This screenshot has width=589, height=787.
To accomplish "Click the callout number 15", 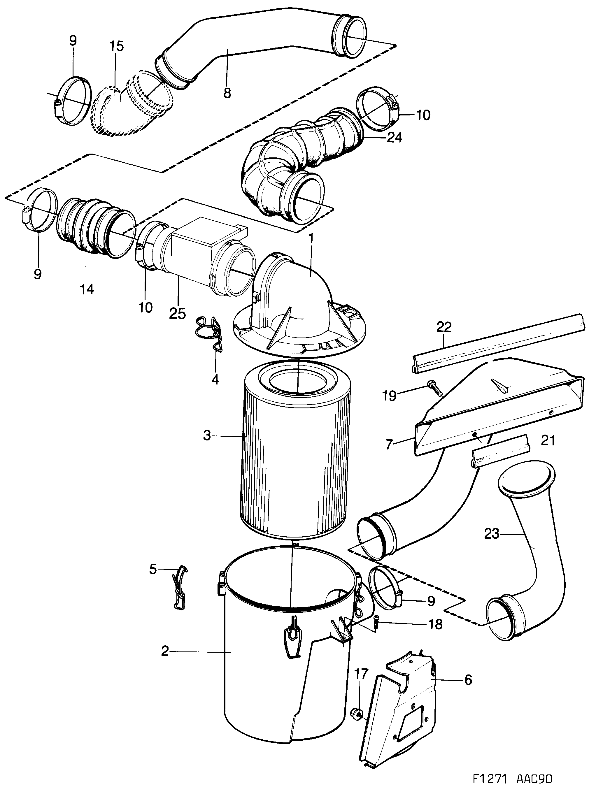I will pyautogui.click(x=116, y=47).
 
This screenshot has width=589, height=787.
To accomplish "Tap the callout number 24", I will pyautogui.click(x=394, y=137).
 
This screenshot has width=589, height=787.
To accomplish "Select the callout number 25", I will pyautogui.click(x=178, y=313).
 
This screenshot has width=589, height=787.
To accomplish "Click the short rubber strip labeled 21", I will pyautogui.click(x=500, y=456).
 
